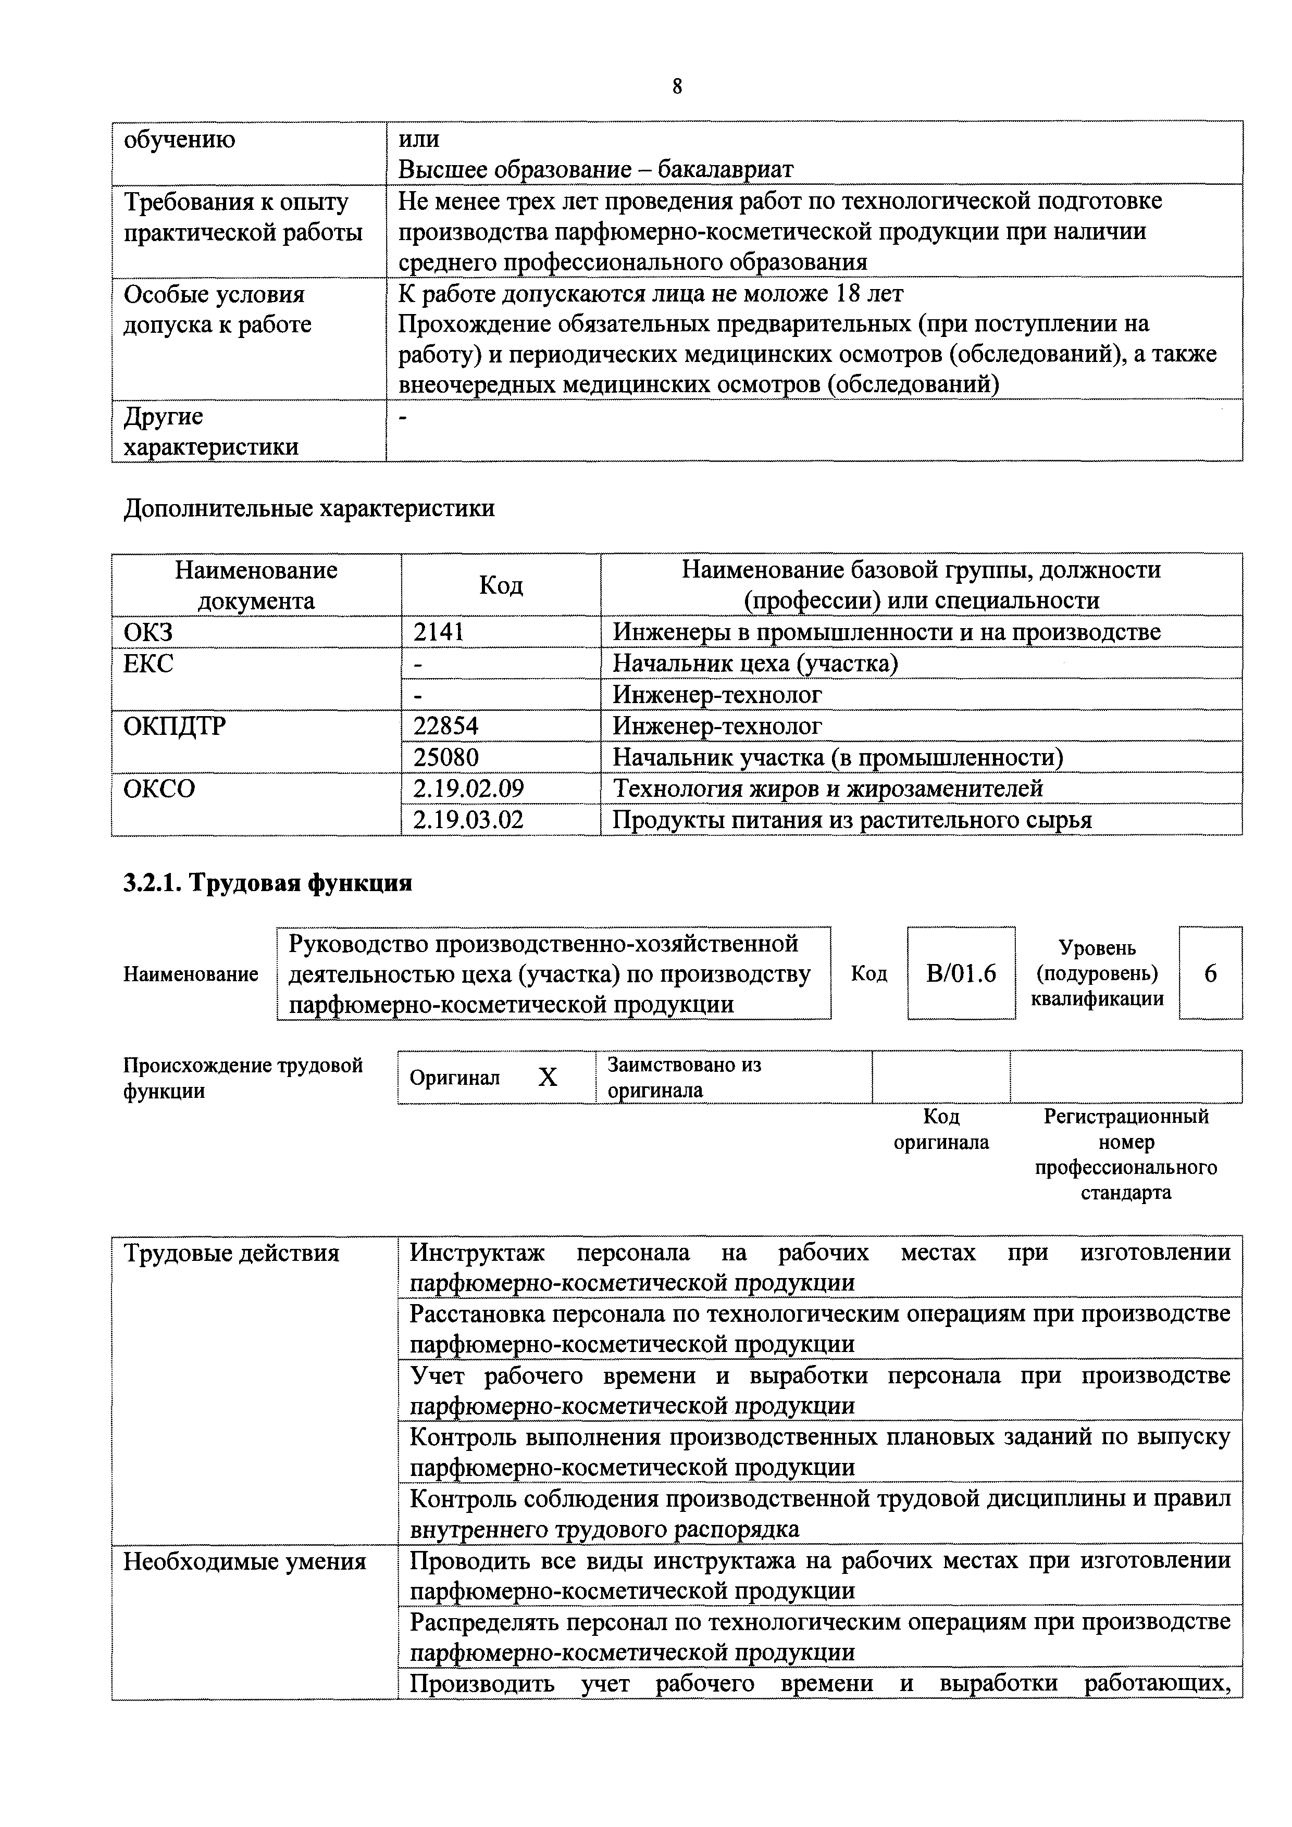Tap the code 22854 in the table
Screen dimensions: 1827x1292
point(446,725)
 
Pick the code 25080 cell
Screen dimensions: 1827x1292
point(446,757)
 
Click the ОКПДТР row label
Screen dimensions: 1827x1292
point(175,725)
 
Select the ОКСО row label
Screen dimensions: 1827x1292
point(159,789)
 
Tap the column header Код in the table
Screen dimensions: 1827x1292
point(501,585)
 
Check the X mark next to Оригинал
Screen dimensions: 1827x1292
point(548,1078)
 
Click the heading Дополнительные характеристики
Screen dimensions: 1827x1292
point(309,508)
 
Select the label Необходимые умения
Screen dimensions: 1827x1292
point(244,1562)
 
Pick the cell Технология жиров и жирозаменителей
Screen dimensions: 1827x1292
point(827,789)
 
